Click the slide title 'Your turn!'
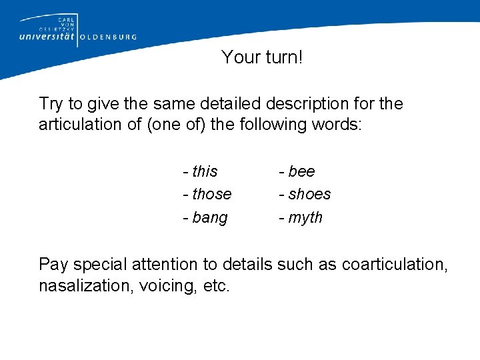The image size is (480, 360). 262,57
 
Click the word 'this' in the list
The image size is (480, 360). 205,171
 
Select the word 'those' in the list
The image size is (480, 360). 212,194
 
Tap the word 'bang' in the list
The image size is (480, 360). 209,218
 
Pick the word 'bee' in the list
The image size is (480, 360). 301,171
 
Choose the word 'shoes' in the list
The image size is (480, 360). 309,194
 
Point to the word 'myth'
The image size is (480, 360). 305,218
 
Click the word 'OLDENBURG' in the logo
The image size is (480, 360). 108,37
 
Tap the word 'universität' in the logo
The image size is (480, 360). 48,37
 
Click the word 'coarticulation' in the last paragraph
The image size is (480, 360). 393,264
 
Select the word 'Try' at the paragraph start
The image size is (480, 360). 51,104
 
